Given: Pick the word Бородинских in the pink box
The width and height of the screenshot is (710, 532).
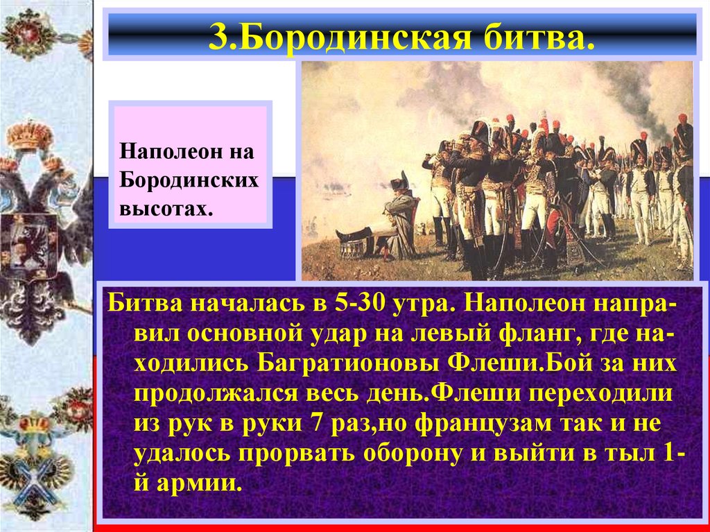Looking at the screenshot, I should pos(189,180).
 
